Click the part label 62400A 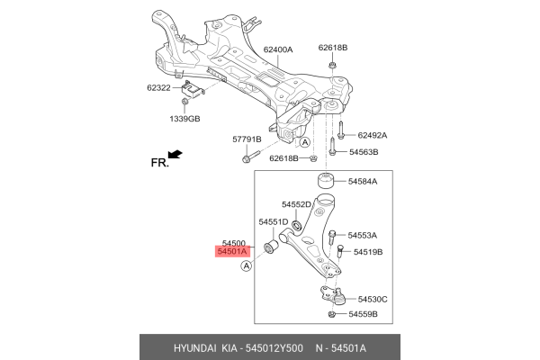[280, 50]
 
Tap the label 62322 [159, 89]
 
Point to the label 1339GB [186, 119]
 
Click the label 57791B [246, 139]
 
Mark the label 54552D [297, 204]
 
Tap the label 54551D [273, 221]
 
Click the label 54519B [367, 252]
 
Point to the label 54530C [372, 299]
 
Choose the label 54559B [364, 314]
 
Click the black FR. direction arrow [175, 156]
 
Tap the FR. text [158, 164]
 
